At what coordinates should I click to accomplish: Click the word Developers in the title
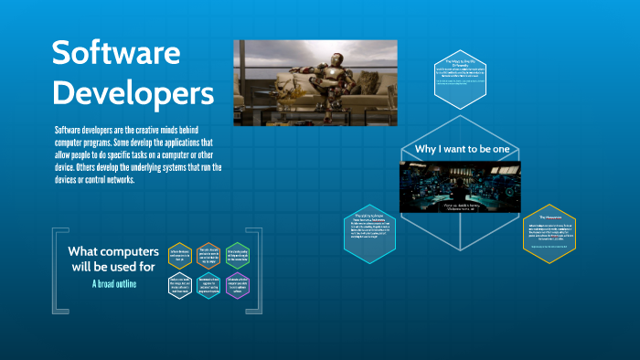pos(133,92)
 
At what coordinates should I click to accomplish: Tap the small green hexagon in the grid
pos(238,256)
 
